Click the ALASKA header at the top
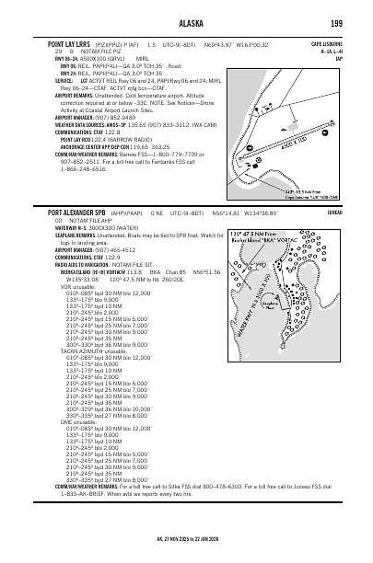point(187,22)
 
